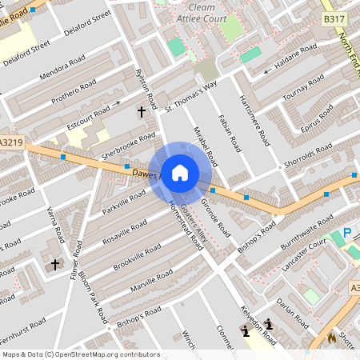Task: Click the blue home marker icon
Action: click(x=180, y=172)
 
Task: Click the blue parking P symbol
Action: click(x=346, y=233)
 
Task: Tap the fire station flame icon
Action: click(x=331, y=338)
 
